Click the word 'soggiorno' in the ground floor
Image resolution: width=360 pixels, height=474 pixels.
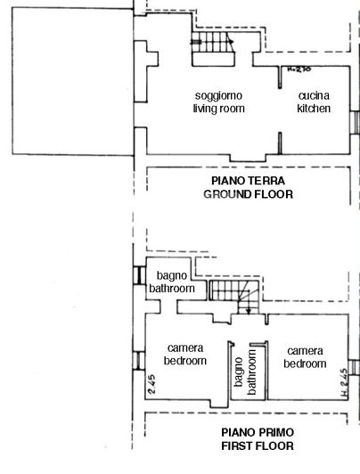click(x=218, y=95)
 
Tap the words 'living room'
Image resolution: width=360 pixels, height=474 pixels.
click(x=218, y=109)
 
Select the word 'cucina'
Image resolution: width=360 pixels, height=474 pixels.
click(x=314, y=95)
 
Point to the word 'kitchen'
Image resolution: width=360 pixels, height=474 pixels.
click(x=314, y=109)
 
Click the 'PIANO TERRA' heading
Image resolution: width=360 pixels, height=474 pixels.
click(x=248, y=179)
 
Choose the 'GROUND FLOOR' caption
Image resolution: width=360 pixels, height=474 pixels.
click(x=248, y=193)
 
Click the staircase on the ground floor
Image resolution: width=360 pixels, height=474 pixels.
click(x=212, y=54)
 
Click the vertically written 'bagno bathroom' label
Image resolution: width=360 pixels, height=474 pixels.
click(x=245, y=370)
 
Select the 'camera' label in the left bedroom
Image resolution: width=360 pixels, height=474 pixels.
click(x=185, y=348)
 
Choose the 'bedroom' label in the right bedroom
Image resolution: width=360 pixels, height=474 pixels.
click(x=305, y=363)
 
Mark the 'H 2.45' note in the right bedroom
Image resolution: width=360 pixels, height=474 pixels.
click(x=343, y=382)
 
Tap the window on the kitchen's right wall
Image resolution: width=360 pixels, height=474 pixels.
click(x=356, y=126)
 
